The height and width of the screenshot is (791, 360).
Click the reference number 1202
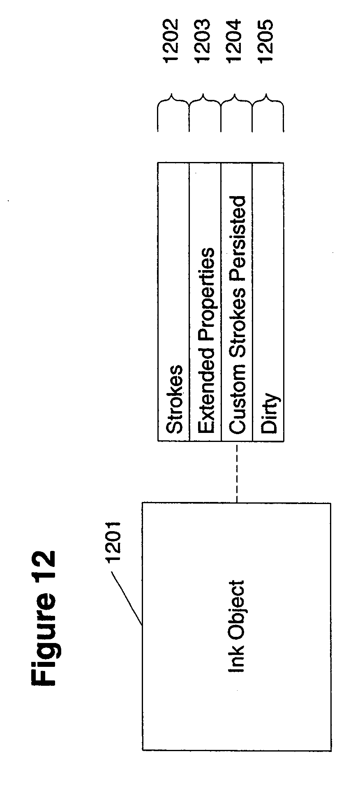[171, 41]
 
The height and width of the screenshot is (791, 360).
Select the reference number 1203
[203, 41]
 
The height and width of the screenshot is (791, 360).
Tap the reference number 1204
[235, 41]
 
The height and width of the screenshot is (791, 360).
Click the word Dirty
[270, 414]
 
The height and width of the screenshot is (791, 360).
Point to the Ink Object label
[236, 627]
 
